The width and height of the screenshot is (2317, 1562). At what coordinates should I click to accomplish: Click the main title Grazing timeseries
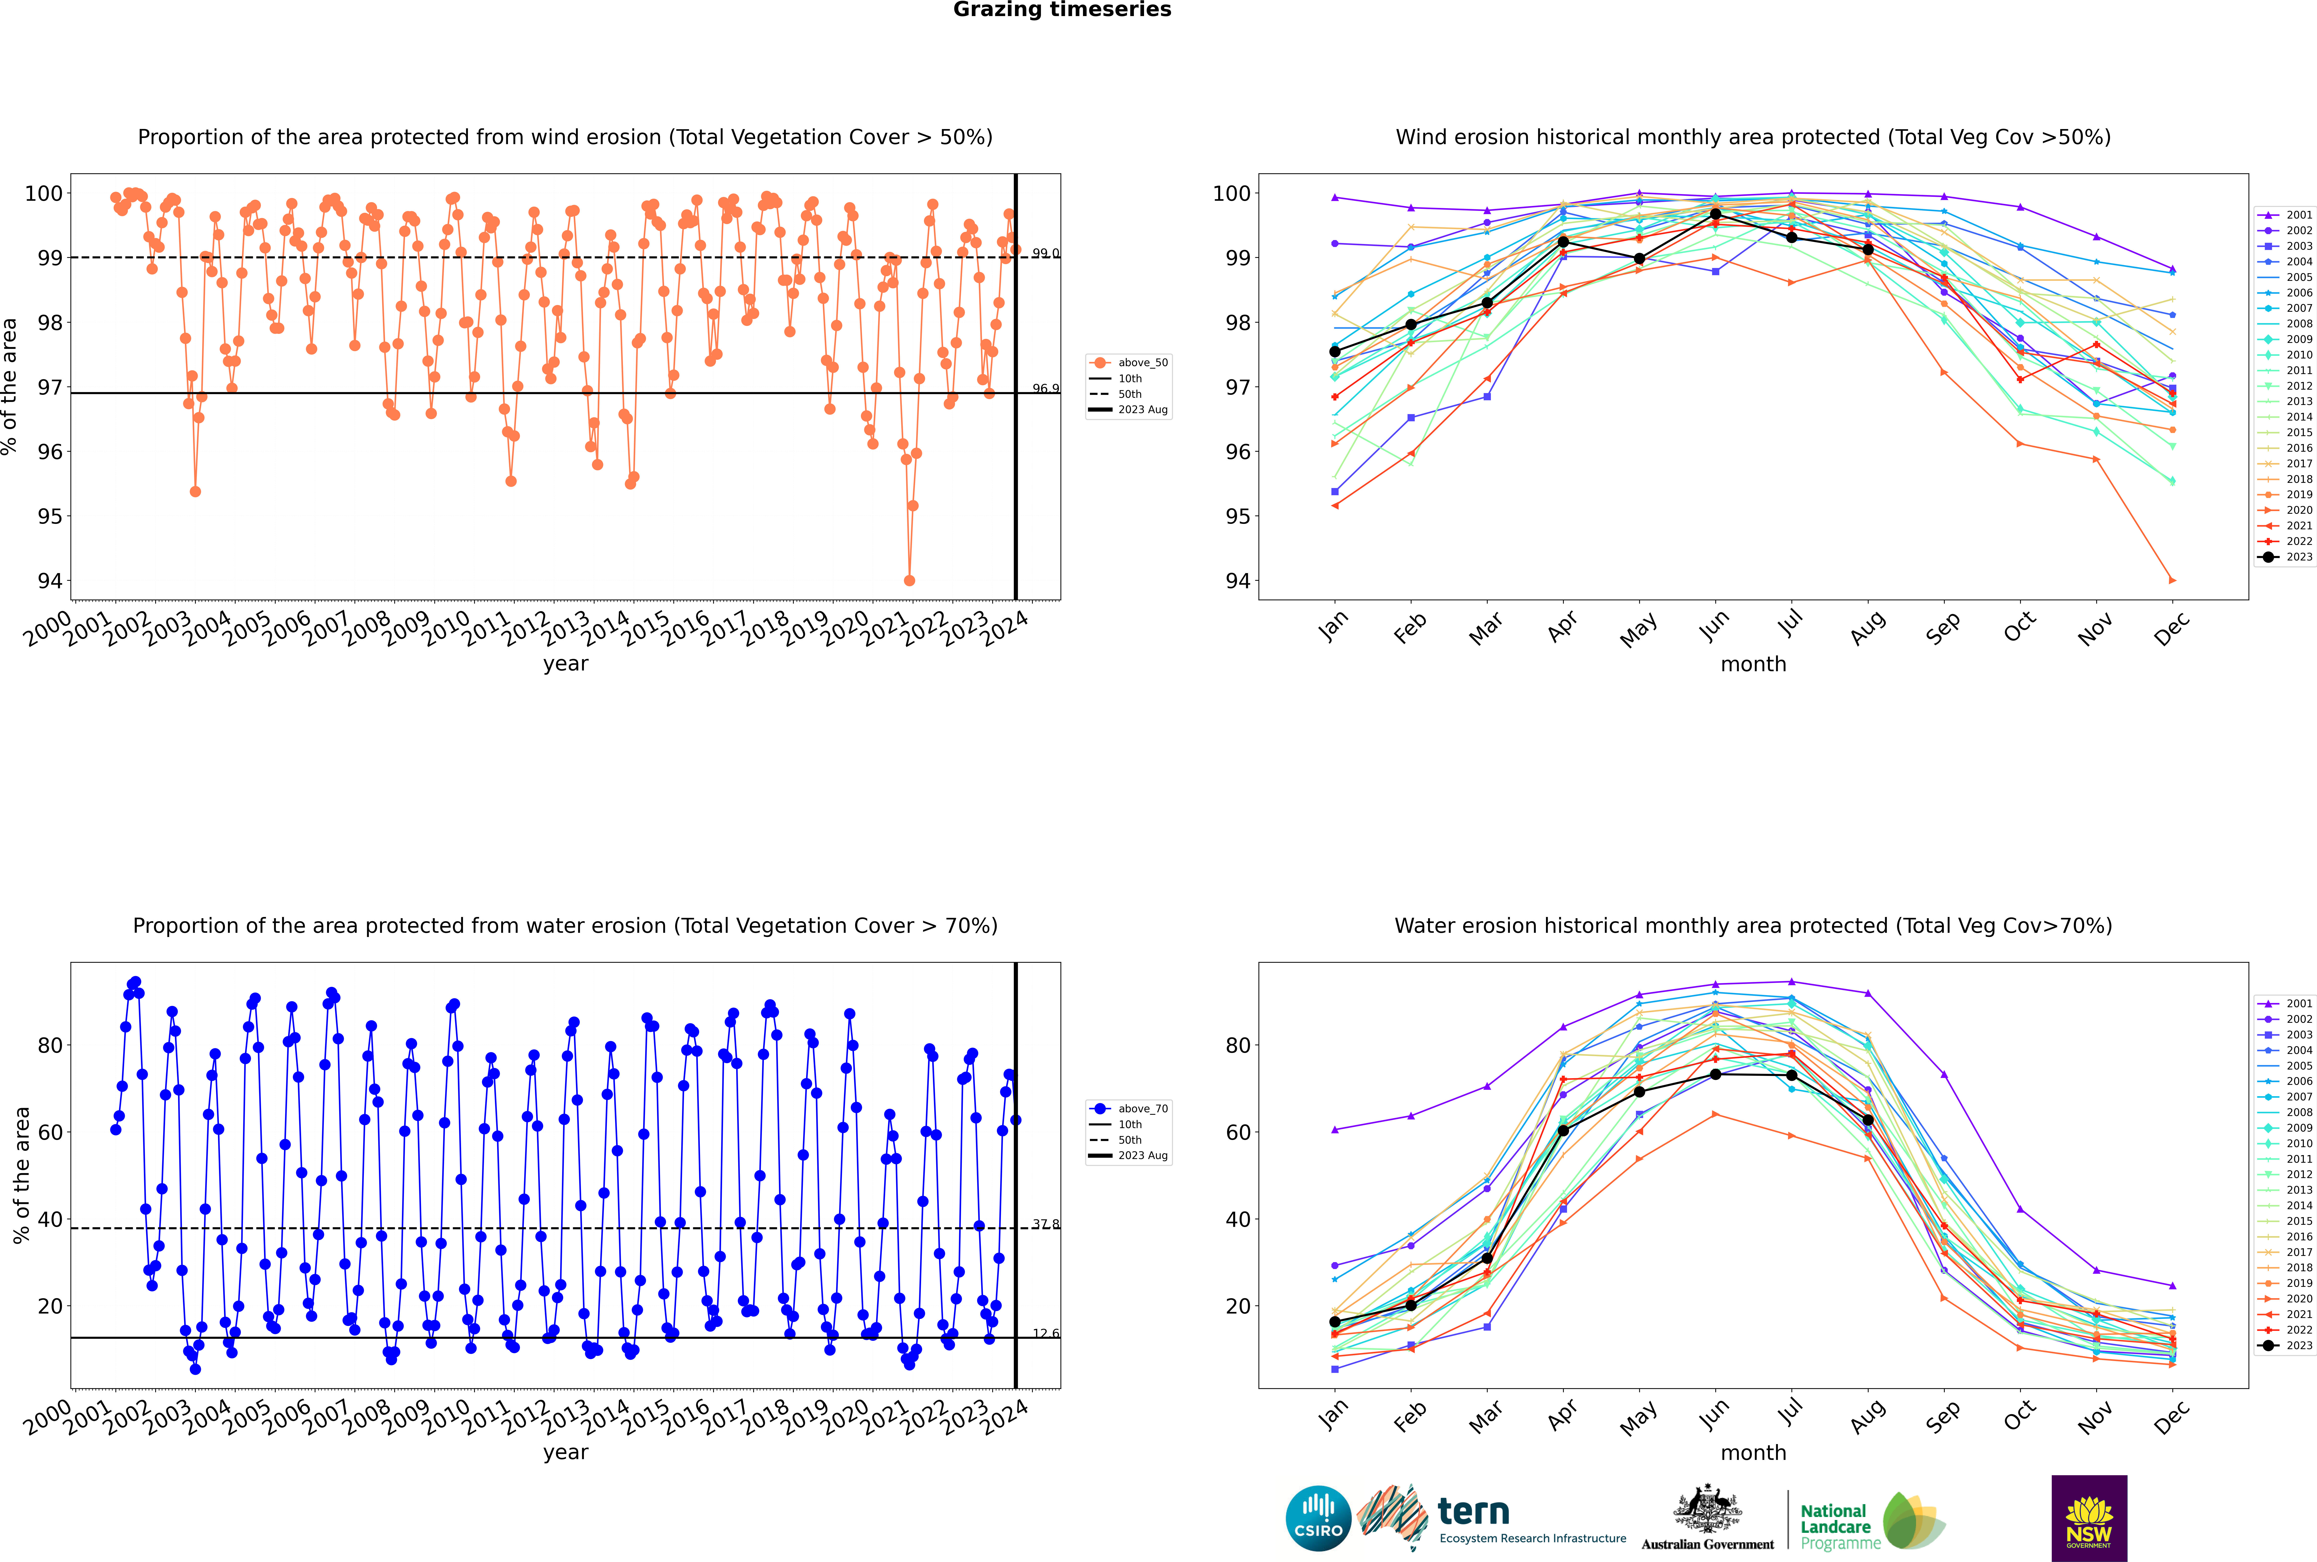tap(1062, 10)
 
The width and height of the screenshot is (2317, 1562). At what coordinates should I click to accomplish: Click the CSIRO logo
tap(1318, 1518)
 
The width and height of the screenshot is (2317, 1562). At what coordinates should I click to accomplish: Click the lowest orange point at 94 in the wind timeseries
tap(908, 581)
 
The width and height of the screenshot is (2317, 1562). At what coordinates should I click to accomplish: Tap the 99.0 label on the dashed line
tap(1045, 253)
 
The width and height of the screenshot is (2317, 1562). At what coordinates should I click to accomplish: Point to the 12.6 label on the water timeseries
tap(1045, 1333)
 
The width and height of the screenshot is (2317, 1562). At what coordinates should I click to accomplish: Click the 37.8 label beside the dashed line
tap(1045, 1224)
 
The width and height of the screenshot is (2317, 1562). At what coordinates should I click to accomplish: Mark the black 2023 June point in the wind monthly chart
tap(1715, 214)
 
